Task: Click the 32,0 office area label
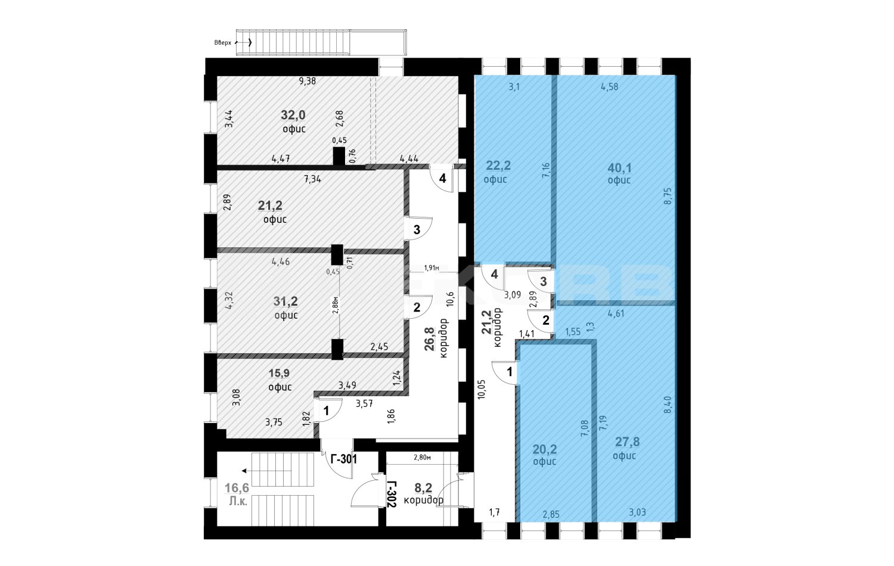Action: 293,115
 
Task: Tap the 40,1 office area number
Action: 619,168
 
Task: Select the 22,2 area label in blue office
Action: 498,165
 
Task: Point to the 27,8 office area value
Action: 627,442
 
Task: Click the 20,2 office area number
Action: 545,450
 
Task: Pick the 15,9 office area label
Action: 279,373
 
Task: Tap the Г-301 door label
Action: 344,459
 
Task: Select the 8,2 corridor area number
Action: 423,488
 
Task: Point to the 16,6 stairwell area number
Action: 237,488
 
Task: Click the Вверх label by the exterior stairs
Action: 222,43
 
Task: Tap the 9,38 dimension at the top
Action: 308,82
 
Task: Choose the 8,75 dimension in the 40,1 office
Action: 668,196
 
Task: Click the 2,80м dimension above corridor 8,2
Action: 422,458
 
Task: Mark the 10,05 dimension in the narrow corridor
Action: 482,389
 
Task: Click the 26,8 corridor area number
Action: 430,339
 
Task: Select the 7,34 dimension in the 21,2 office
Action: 312,179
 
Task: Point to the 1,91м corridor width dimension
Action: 432,268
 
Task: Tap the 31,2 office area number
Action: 285,301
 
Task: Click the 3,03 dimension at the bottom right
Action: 637,512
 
